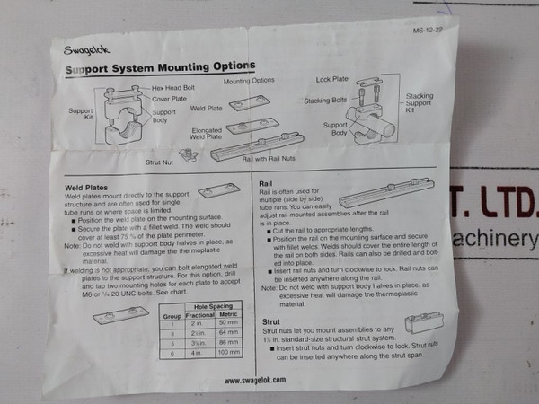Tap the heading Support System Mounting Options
(x=160, y=68)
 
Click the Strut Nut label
(x=163, y=162)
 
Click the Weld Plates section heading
(x=88, y=189)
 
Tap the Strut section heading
(x=270, y=320)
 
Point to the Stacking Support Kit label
(x=420, y=103)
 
